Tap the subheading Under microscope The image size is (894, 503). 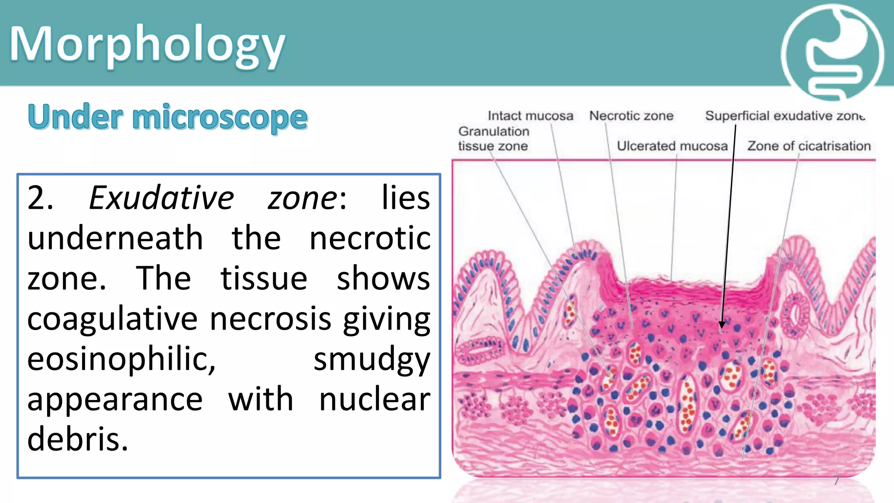click(x=168, y=117)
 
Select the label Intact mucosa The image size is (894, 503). click(x=530, y=116)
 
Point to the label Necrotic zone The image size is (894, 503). click(x=631, y=116)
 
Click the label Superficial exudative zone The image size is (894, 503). click(x=784, y=116)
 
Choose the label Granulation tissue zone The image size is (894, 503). click(x=493, y=138)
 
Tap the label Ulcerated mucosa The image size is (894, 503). click(x=672, y=146)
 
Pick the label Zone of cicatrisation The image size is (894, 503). click(x=809, y=146)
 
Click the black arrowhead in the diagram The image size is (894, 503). click(x=722, y=324)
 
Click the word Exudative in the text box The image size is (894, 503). click(x=162, y=198)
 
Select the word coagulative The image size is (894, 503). click(x=113, y=319)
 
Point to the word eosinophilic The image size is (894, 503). click(x=121, y=359)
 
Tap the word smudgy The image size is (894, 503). click(x=372, y=359)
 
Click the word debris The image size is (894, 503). click(x=78, y=439)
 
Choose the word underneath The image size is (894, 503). click(x=115, y=238)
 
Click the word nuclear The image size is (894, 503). click(x=375, y=400)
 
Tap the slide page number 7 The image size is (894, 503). click(x=836, y=480)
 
